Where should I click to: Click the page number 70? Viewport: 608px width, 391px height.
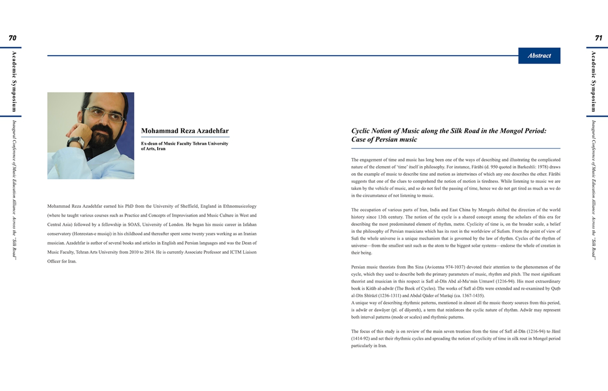coord(13,38)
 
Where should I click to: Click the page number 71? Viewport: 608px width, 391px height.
coord(598,38)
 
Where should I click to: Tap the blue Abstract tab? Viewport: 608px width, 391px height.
coord(539,56)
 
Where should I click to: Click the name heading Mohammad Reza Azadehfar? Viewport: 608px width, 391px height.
coord(185,131)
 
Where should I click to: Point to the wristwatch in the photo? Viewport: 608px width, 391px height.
coord(76,142)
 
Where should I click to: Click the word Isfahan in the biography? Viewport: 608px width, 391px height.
coord(249,224)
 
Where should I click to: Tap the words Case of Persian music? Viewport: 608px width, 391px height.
coord(384,140)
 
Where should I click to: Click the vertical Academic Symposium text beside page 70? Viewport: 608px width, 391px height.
coord(14,81)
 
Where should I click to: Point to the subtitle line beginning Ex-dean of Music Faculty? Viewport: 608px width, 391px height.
coord(184,144)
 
